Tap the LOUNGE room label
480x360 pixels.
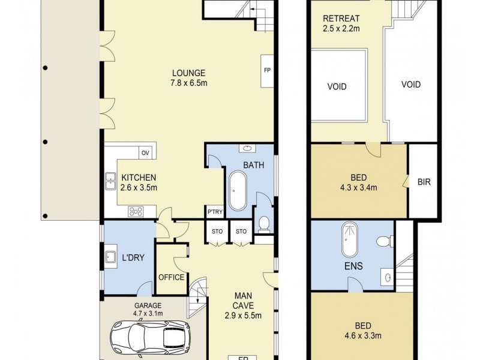188,73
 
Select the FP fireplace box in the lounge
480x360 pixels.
267,70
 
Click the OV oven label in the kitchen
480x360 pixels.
145,152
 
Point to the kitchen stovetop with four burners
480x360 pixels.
136,211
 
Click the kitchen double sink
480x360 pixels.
110,181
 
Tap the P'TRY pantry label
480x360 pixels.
214,212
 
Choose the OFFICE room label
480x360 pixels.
171,277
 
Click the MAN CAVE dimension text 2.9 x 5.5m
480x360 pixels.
243,316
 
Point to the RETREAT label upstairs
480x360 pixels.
340,18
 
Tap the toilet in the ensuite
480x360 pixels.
383,241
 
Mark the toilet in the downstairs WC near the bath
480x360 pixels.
263,224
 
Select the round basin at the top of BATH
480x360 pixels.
247,148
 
